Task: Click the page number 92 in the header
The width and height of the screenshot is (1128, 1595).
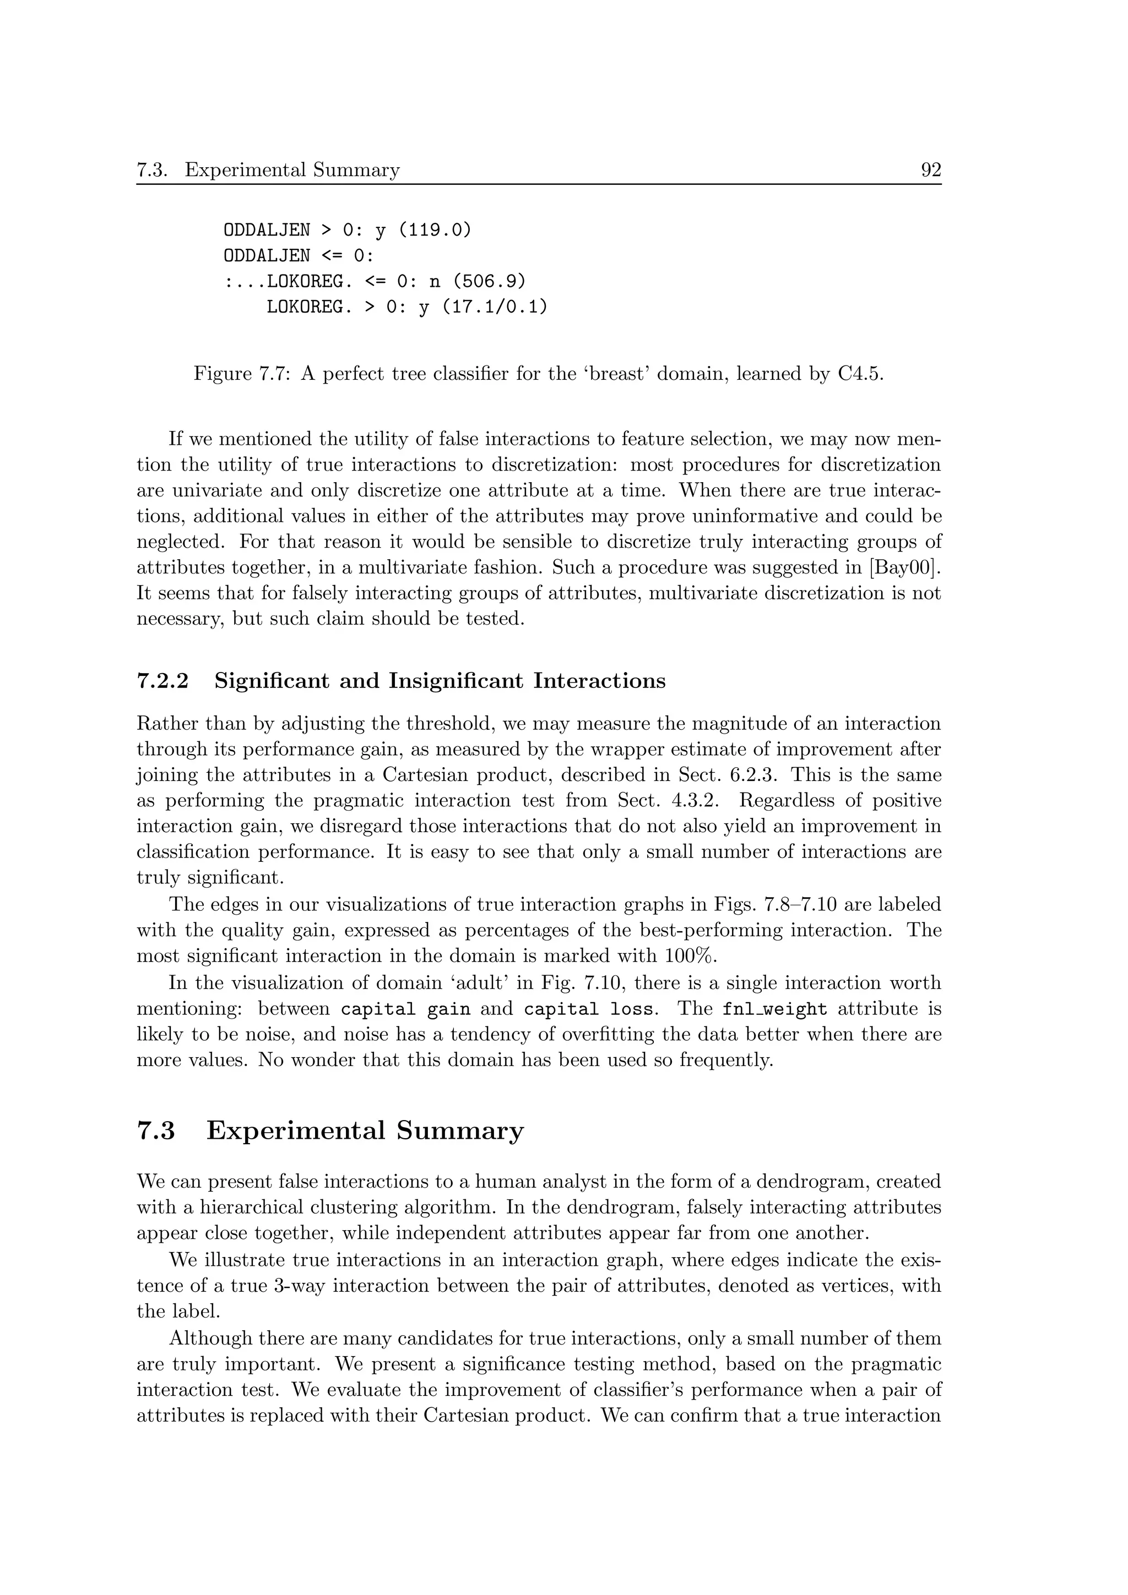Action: click(931, 170)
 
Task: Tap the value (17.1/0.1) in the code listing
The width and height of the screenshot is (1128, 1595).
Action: click(494, 307)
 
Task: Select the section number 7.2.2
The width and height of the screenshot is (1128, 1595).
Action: click(162, 681)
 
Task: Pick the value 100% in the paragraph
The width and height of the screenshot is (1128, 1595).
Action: click(690, 957)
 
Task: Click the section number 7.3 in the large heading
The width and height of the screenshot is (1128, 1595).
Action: click(156, 1132)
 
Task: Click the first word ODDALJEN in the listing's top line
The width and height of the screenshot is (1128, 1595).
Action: click(267, 230)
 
